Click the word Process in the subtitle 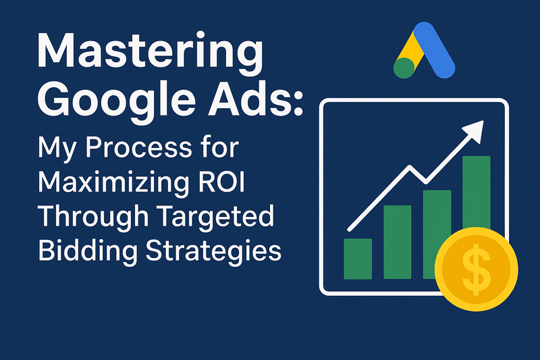pos(138,147)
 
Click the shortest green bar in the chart pos(358,259)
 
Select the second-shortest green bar pos(398,242)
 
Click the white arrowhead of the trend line pos(475,130)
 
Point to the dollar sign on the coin pos(477,269)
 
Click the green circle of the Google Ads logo pos(404,68)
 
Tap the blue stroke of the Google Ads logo pos(434,49)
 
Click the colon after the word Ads pos(298,105)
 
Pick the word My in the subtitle pos(56,149)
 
